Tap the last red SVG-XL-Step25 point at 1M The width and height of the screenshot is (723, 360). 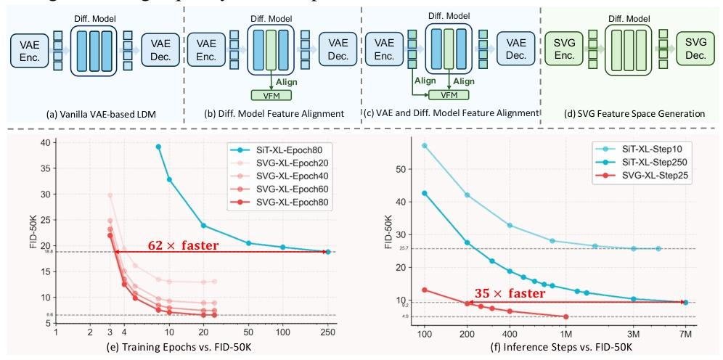tap(566, 316)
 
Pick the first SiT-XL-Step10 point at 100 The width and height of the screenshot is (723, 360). tap(424, 145)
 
